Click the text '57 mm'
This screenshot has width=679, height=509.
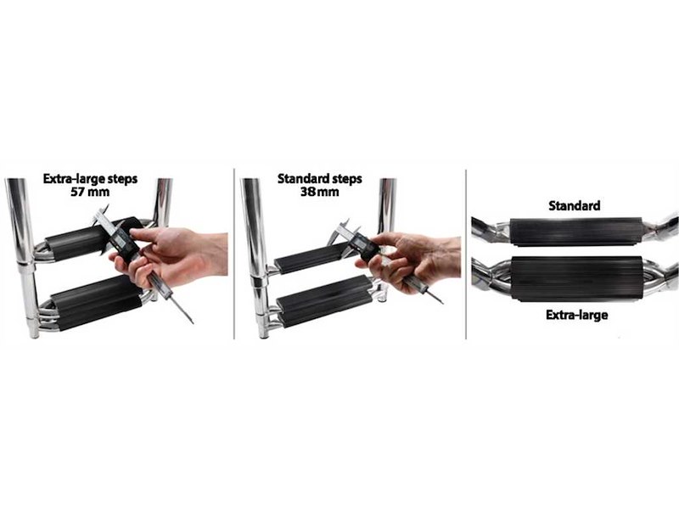90,192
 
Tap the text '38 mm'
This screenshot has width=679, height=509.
320,192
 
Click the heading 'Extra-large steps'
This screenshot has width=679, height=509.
90,178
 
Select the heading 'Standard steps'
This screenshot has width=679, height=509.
320,178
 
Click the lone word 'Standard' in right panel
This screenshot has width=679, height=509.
575,205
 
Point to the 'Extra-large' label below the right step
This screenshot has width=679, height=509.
576,315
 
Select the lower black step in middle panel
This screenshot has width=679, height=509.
325,300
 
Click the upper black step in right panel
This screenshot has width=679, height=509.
575,232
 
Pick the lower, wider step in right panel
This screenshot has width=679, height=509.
576,278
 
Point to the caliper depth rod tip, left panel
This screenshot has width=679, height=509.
193,323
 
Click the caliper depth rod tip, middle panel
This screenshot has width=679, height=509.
442,303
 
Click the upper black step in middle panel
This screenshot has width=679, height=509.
311,259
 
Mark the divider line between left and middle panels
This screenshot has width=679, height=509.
234,254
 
